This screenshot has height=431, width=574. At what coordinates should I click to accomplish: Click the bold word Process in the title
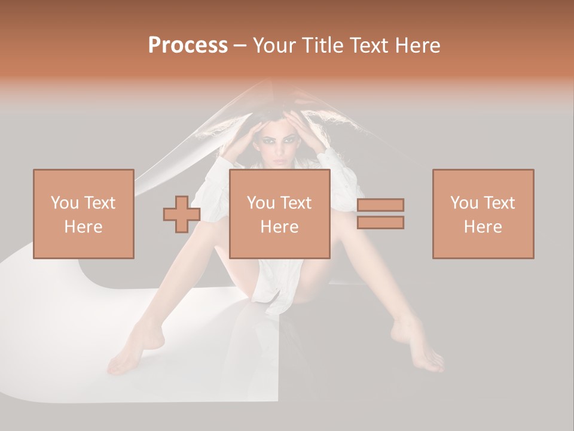(x=188, y=45)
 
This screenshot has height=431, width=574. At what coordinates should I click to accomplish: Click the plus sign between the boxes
(x=182, y=214)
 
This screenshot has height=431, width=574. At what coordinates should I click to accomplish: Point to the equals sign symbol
(x=380, y=214)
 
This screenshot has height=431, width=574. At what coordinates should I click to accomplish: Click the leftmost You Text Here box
(x=83, y=214)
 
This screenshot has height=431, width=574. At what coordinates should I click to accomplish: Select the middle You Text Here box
(x=279, y=214)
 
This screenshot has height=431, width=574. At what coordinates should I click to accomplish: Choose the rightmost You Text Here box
(x=483, y=214)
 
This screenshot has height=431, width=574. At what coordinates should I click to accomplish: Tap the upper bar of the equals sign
(x=380, y=205)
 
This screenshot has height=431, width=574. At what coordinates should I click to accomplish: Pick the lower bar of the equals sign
(x=380, y=223)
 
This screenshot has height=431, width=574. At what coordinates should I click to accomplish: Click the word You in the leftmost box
(x=64, y=203)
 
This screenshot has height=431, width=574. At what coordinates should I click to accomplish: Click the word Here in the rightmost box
(x=483, y=227)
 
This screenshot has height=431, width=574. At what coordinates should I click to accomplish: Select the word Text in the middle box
(x=295, y=203)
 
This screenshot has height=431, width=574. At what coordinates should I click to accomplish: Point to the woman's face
(x=280, y=146)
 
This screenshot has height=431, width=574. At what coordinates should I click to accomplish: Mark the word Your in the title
(x=274, y=45)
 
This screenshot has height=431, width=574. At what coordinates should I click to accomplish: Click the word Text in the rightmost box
(x=499, y=203)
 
